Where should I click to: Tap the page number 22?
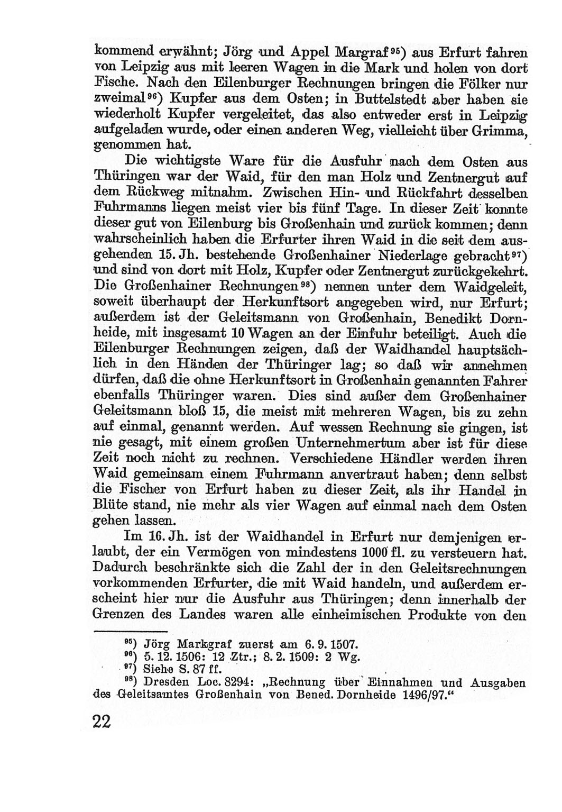click(x=103, y=722)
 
